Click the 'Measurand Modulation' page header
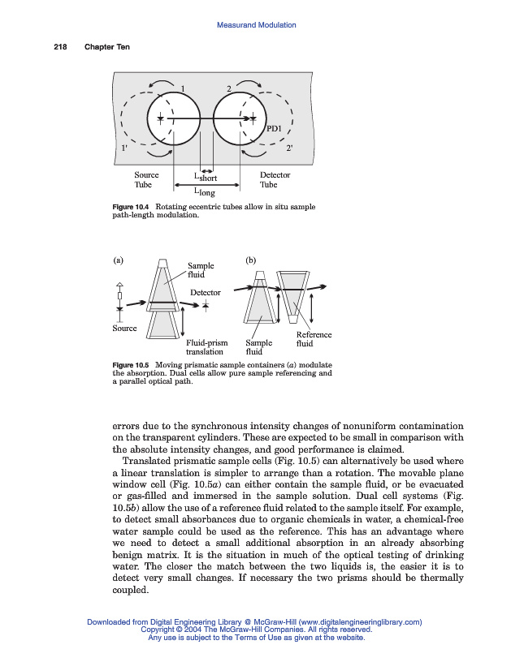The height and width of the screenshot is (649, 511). pyautogui.click(x=256, y=25)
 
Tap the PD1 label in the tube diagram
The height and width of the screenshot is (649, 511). pyautogui.click(x=275, y=128)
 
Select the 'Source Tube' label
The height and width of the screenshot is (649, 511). pyautogui.click(x=146, y=179)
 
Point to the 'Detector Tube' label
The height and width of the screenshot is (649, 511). pyautogui.click(x=275, y=179)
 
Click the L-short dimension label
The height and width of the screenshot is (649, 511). pyautogui.click(x=206, y=177)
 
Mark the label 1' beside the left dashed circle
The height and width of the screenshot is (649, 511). pyautogui.click(x=123, y=148)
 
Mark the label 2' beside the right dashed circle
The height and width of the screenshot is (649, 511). pyautogui.click(x=290, y=148)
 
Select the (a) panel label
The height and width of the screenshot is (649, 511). pyautogui.click(x=118, y=260)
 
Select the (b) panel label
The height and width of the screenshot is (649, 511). pyautogui.click(x=250, y=260)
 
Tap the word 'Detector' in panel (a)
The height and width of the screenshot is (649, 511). pyautogui.click(x=206, y=292)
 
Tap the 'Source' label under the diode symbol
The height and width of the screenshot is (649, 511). pyautogui.click(x=124, y=328)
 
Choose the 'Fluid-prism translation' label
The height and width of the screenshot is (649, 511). pyautogui.click(x=206, y=347)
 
